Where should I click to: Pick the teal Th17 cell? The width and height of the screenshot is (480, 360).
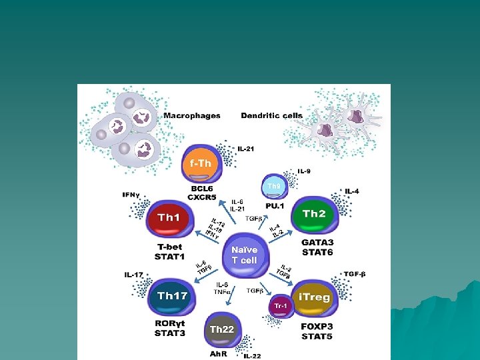[172, 296]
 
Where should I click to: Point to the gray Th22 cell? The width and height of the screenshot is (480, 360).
[222, 329]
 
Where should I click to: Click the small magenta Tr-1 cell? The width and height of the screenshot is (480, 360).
[280, 306]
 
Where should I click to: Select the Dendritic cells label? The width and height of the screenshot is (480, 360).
[271, 116]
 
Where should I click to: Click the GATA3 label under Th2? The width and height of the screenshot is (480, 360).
[317, 243]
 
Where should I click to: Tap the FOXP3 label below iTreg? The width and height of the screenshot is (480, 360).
[317, 327]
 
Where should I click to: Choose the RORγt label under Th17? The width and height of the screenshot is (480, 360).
[170, 325]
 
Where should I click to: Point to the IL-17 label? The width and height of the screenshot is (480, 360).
[135, 274]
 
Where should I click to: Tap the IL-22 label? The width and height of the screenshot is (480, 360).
[252, 357]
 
